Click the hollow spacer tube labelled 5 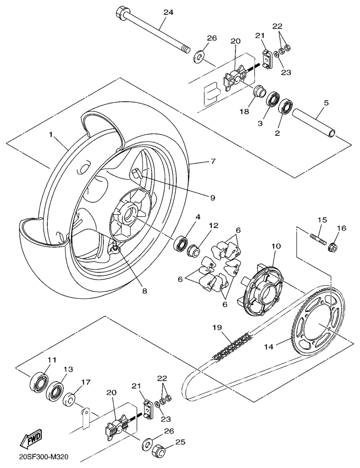pyautogui.click(x=315, y=124)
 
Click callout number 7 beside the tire pyautogui.click(x=214, y=162)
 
